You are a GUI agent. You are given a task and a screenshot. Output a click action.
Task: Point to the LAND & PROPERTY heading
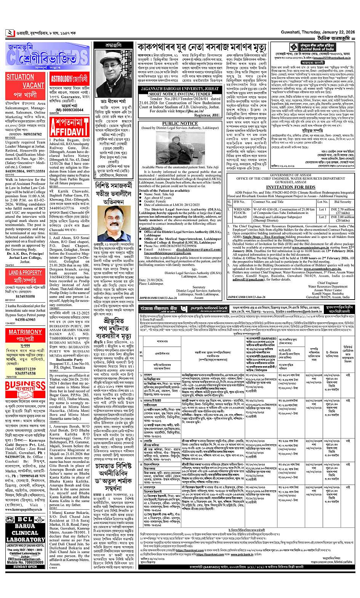[x=25, y=273]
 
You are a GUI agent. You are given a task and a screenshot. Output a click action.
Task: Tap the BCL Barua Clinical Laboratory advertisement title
[x=25, y=527]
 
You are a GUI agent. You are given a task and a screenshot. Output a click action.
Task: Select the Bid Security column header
[x=342, y=202]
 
